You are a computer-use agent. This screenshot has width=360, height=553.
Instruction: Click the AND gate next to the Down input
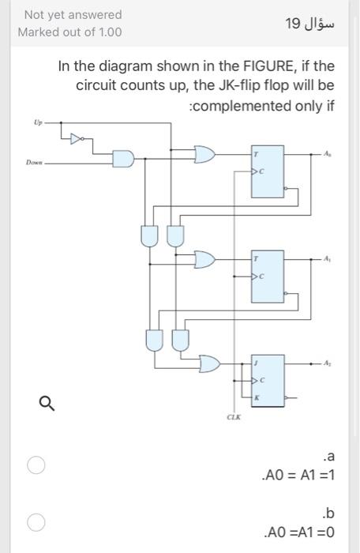coord(122,160)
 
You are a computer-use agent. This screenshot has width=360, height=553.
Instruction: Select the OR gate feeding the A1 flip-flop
coord(204,258)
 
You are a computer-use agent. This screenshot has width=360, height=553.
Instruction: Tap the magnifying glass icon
coord(47,404)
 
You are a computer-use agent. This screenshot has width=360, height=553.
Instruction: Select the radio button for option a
coord(34,465)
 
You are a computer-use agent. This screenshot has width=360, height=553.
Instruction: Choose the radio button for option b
coord(34,522)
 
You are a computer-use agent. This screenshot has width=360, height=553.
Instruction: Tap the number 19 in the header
coord(294,24)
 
